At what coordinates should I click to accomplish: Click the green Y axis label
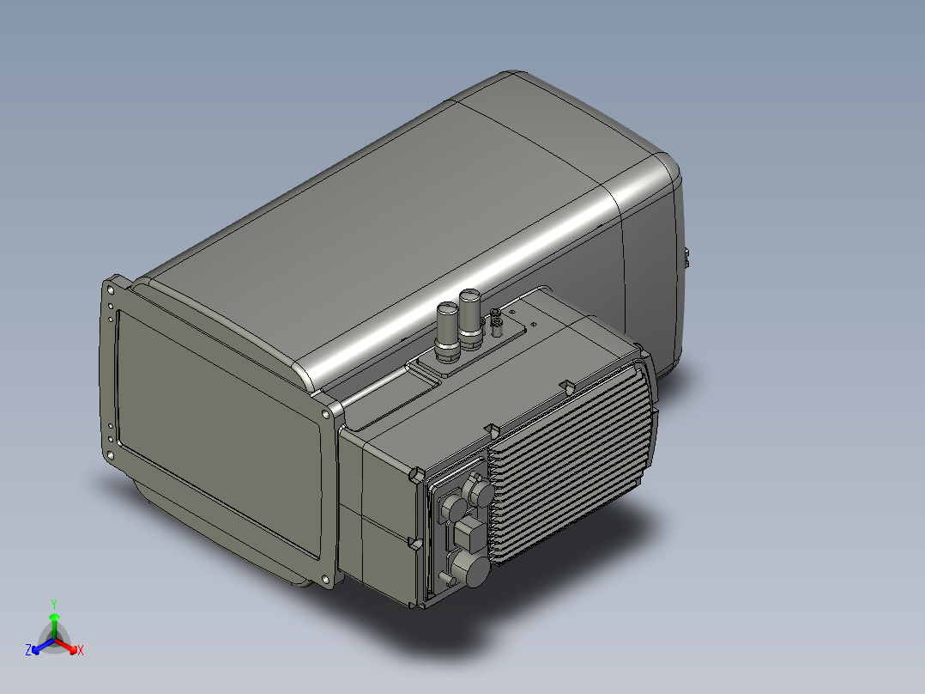(x=53, y=603)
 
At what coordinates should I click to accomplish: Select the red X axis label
(x=80, y=651)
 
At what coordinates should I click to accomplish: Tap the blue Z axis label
(x=28, y=650)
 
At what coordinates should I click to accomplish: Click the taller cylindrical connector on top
(x=471, y=315)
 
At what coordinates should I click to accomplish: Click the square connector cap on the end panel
(x=469, y=535)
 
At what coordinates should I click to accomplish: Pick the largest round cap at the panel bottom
(x=469, y=569)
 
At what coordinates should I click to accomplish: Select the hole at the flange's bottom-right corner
(x=326, y=578)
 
